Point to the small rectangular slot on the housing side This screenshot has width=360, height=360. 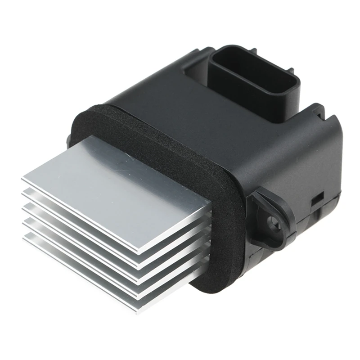[x=318, y=197]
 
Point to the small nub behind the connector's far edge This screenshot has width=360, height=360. [x=211, y=50]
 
